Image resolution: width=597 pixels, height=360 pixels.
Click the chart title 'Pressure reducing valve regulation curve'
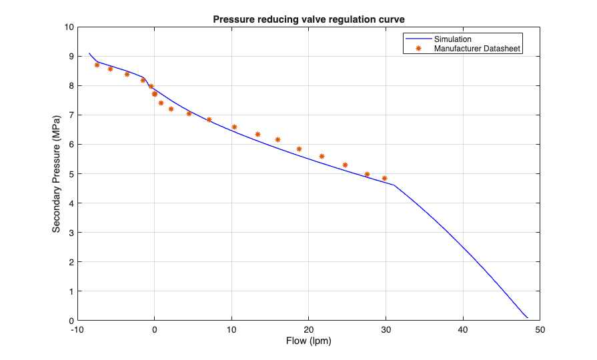[309, 19]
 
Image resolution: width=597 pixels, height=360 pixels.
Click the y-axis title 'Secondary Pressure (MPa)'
[57, 174]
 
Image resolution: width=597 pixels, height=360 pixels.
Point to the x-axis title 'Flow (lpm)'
[309, 341]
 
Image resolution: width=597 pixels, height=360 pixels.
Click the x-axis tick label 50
[540, 329]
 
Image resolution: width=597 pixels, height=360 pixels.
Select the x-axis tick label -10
[77, 329]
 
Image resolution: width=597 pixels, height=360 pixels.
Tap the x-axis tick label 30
[386, 329]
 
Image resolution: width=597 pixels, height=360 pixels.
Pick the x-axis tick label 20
[309, 329]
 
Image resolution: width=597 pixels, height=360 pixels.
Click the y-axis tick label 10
[68, 27]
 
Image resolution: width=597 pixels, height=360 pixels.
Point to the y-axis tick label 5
[70, 174]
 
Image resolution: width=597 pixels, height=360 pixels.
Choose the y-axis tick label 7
[70, 115]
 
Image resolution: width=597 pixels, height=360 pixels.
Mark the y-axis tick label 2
[70, 262]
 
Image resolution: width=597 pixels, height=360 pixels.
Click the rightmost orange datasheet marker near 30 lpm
[384, 179]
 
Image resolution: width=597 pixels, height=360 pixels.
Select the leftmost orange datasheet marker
[97, 65]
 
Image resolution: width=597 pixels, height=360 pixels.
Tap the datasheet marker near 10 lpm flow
[234, 127]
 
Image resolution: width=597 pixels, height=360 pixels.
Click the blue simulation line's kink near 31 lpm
[394, 185]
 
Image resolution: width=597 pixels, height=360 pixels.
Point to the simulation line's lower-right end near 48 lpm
[528, 317]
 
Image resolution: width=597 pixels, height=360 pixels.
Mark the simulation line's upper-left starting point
[89, 53]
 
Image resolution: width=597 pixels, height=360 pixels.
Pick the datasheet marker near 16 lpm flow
[277, 139]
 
